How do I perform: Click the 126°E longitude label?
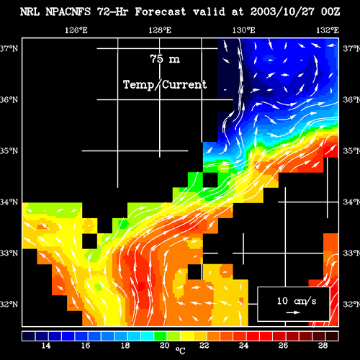pyautogui.click(x=76, y=30)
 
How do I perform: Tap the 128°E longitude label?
pyautogui.click(x=160, y=30)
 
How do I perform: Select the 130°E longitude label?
pyautogui.click(x=243, y=30)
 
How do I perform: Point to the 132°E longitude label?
pyautogui.click(x=328, y=30)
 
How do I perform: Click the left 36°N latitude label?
pyautogui.click(x=9, y=99)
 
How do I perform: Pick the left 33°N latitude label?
pyautogui.click(x=9, y=253)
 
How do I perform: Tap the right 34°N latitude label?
pyautogui.click(x=351, y=202)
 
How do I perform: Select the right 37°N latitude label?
pyautogui.click(x=351, y=48)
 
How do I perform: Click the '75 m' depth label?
pyautogui.click(x=165, y=58)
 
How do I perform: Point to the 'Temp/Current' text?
pyautogui.click(x=165, y=85)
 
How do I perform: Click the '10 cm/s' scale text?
pyautogui.click(x=297, y=301)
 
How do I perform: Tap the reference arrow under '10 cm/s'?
pyautogui.click(x=293, y=312)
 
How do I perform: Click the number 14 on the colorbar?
pyautogui.click(x=46, y=346)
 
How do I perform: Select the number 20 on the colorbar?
pyautogui.click(x=165, y=346)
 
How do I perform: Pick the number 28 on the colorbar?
pyautogui.click(x=323, y=346)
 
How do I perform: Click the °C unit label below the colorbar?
pyautogui.click(x=180, y=351)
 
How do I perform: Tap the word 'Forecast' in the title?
pyautogui.click(x=161, y=12)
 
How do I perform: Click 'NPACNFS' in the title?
pyautogui.click(x=68, y=12)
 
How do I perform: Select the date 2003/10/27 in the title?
pyautogui.click(x=282, y=12)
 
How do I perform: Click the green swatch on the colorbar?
pyautogui.click(x=161, y=336)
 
